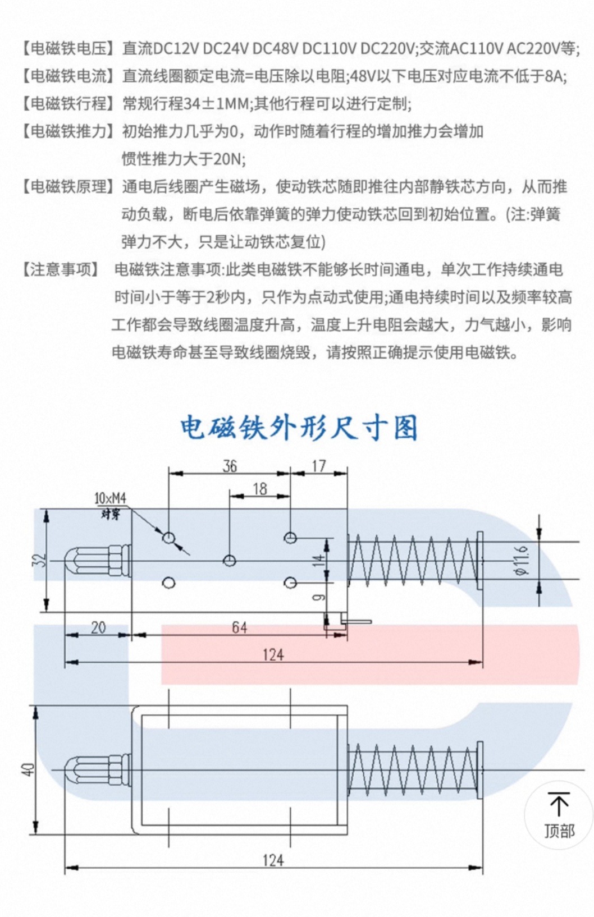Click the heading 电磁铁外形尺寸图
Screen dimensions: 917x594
[x=299, y=428]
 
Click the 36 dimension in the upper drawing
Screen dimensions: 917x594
[x=230, y=466]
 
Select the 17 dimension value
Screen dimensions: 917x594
[x=318, y=466]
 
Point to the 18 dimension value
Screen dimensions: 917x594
[x=259, y=489]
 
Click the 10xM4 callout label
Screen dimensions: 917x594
[x=110, y=498]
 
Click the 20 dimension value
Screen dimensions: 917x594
[x=98, y=627]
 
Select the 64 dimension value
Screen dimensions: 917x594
[x=239, y=627]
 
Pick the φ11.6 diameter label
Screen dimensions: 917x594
[x=521, y=560]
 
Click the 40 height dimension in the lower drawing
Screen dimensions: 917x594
[x=29, y=769]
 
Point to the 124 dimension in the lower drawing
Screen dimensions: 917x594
[x=273, y=860]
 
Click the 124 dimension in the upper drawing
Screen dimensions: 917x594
[x=273, y=654]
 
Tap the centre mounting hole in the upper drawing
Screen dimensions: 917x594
[x=229, y=560]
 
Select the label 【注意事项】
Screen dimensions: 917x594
[x=61, y=269]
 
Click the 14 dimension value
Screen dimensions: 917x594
[x=318, y=560]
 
